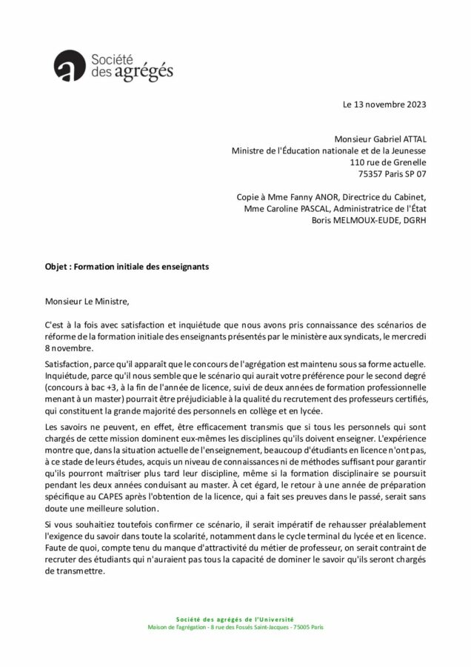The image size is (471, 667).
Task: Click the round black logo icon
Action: point(69,64)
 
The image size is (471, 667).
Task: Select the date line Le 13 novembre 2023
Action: point(385,105)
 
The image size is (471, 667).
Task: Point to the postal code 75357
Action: point(371,174)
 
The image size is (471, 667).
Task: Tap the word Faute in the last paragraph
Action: point(56,548)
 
